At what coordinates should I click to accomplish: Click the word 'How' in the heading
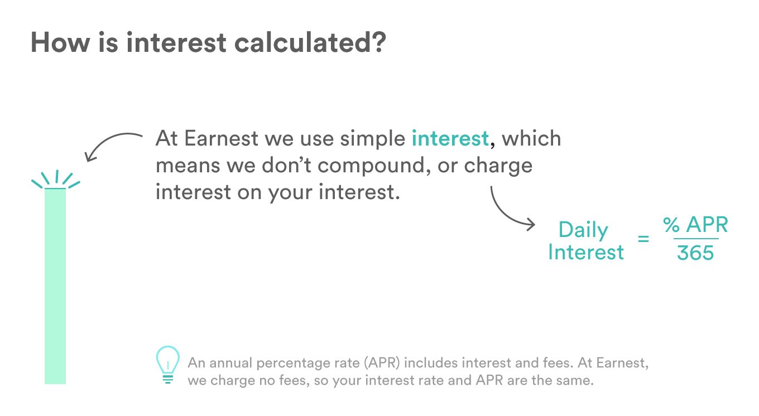tap(55, 42)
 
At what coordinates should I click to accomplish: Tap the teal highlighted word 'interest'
tap(450, 138)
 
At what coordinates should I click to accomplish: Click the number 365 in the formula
tap(695, 253)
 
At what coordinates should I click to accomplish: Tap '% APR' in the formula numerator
tap(695, 225)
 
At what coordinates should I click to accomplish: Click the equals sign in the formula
tap(643, 240)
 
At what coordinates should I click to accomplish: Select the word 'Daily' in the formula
tap(583, 230)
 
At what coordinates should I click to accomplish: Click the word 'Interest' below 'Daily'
tap(586, 252)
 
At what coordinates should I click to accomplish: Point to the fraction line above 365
tap(695, 239)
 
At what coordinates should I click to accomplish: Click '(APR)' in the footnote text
tap(382, 364)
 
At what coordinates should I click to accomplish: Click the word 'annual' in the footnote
tap(234, 364)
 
